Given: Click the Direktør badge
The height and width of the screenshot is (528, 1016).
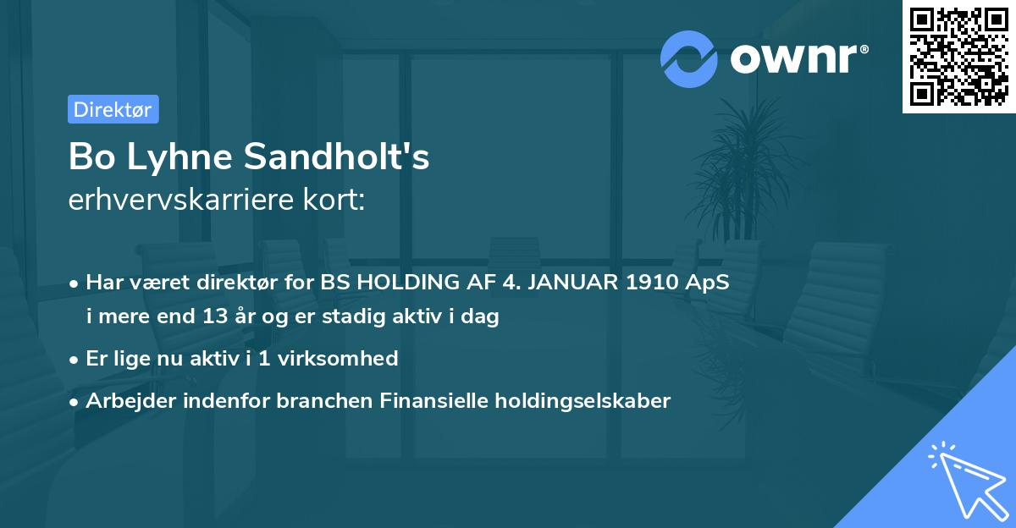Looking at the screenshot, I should point(113,109).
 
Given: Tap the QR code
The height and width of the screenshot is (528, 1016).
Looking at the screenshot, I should point(958,57).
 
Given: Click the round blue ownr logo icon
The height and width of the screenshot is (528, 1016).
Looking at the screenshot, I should point(689,59).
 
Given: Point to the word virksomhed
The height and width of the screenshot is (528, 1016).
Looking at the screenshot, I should point(343,358).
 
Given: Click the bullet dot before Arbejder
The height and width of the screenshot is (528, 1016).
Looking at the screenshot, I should point(76,401).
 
